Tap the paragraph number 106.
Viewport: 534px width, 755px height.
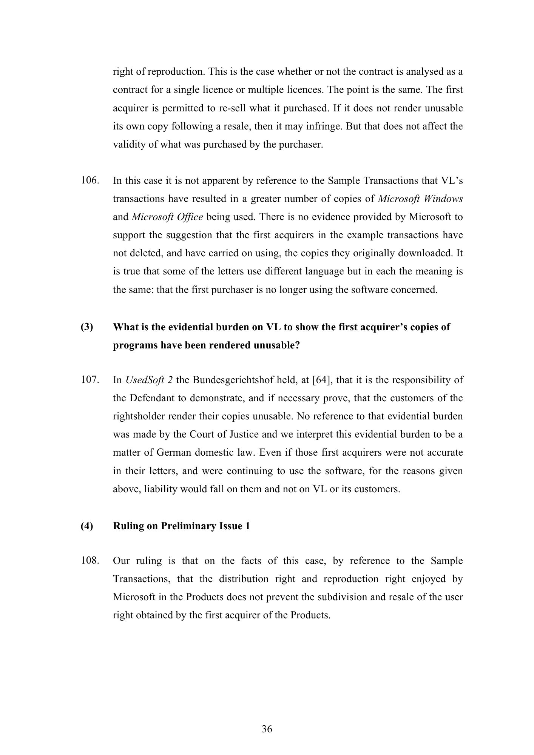[90, 180]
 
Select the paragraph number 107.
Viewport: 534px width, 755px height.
[90, 380]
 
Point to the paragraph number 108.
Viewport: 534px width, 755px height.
[90, 561]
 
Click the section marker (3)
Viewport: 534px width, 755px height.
[86, 327]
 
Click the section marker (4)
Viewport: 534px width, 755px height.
[86, 526]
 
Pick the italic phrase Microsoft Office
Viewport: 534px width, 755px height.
[167, 217]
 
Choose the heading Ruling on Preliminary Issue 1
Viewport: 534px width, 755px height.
[181, 526]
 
